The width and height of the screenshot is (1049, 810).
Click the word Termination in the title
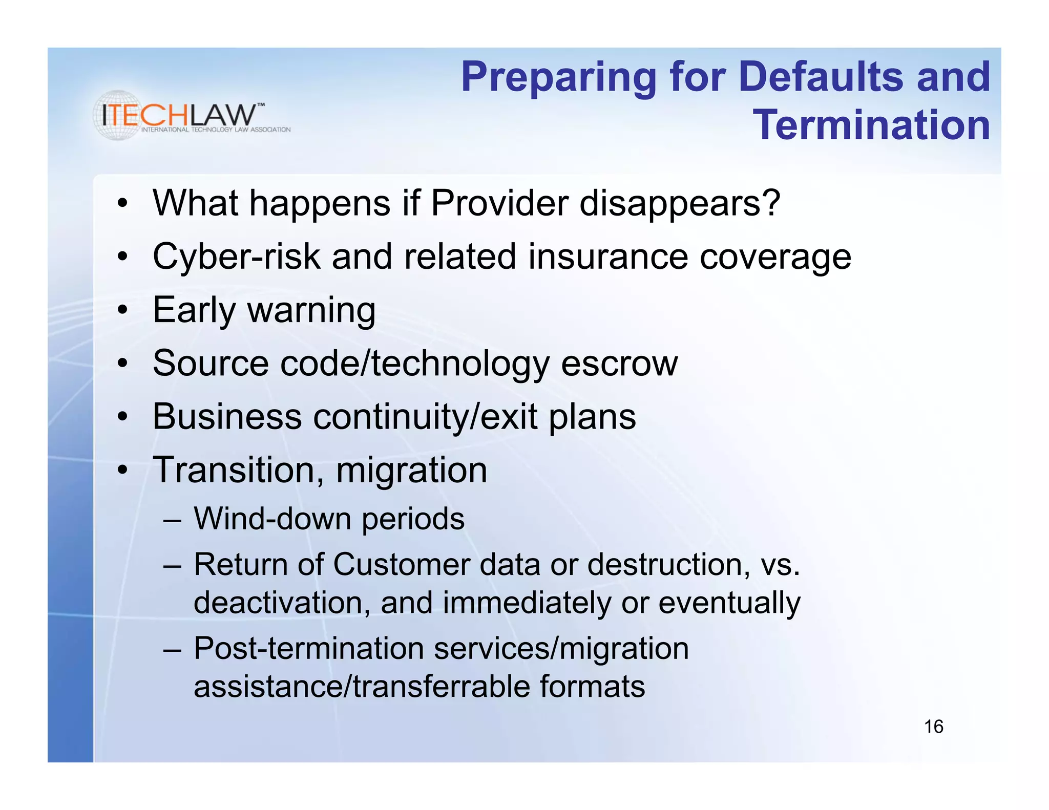point(871,125)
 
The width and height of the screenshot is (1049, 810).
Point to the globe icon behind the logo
point(118,115)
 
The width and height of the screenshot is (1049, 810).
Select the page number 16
point(933,727)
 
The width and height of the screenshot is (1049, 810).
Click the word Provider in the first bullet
point(499,203)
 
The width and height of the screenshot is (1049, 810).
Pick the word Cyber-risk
point(236,257)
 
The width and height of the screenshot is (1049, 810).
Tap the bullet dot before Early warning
point(122,310)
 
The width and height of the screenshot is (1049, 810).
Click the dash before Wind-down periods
point(173,521)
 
